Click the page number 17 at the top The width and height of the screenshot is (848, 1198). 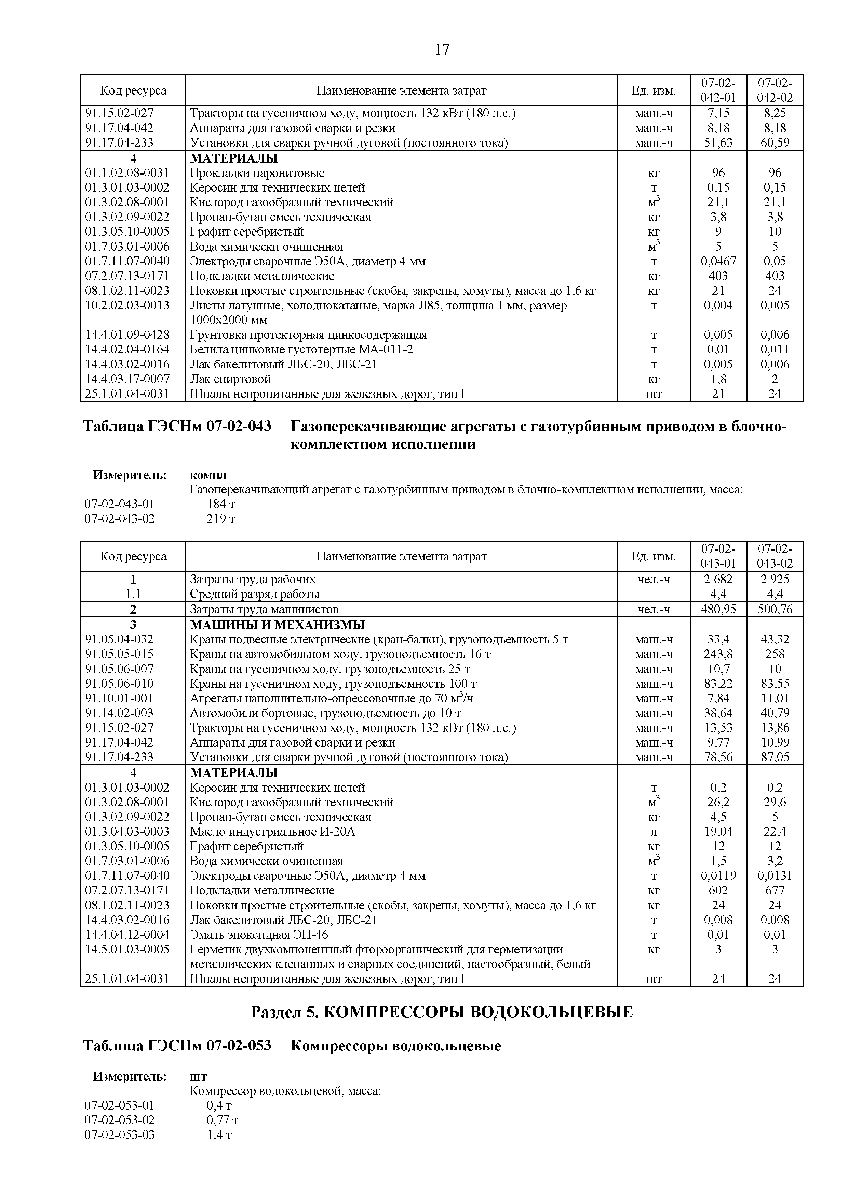[x=441, y=50]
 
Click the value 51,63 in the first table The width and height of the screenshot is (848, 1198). [x=718, y=142]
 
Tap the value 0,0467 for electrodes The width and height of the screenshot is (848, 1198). [x=718, y=261]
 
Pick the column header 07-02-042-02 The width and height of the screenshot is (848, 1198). [x=775, y=90]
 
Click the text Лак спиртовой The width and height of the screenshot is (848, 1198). [x=230, y=379]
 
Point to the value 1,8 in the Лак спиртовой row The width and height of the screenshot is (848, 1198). [x=718, y=379]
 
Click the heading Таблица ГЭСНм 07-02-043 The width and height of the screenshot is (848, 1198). [x=177, y=426]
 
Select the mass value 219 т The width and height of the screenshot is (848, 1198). [x=221, y=519]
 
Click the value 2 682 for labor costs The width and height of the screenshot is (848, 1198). [x=718, y=579]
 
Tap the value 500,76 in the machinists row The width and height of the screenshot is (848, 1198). [x=775, y=609]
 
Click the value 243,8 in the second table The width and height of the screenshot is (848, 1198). [x=718, y=654]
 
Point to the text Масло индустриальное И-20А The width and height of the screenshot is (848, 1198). [x=272, y=831]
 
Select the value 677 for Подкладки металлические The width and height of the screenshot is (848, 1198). [x=775, y=890]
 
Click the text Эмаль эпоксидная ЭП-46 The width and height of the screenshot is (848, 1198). [x=259, y=934]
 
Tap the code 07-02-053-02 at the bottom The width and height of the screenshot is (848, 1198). [x=120, y=1120]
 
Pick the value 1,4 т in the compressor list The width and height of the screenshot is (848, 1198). [x=219, y=1135]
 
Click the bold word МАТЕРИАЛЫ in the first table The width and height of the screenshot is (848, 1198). [x=233, y=157]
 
